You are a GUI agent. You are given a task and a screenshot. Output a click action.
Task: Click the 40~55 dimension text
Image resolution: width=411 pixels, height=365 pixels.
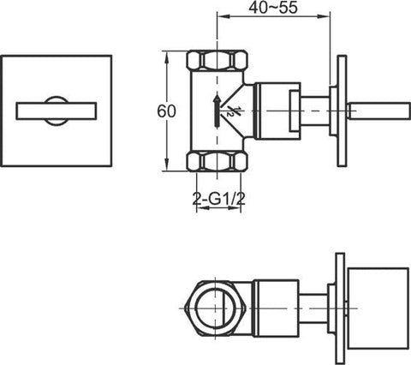(273, 8)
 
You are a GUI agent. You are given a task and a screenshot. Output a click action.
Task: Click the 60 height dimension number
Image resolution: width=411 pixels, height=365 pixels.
(166, 111)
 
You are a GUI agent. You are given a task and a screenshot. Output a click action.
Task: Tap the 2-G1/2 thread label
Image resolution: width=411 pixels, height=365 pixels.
(219, 199)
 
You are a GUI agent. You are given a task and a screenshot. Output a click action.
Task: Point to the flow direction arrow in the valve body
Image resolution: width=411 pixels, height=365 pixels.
(217, 111)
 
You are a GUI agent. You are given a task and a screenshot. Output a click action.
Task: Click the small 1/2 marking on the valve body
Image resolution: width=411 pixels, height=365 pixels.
(231, 111)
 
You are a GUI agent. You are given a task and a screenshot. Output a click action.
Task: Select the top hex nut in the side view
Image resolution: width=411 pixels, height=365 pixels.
(217, 59)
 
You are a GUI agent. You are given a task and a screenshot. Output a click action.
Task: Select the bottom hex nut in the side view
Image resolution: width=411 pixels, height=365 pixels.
(217, 162)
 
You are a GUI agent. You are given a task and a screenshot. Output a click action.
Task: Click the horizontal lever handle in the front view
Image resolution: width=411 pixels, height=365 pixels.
(57, 111)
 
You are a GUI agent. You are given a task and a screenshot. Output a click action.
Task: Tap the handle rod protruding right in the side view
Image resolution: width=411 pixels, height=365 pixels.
(379, 111)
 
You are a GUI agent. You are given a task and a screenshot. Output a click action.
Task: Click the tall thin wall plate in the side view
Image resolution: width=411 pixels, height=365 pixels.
(342, 111)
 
